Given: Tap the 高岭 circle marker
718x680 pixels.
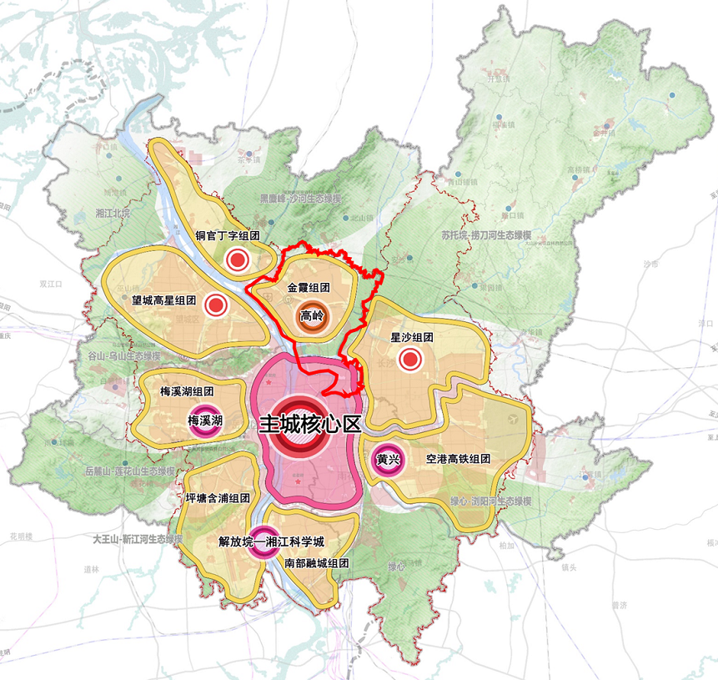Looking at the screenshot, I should click(x=312, y=317).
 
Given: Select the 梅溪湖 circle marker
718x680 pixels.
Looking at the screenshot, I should click(x=204, y=421).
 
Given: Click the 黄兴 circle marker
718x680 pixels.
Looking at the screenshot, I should click(x=384, y=460).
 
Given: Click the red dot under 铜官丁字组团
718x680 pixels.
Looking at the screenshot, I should click(x=238, y=261).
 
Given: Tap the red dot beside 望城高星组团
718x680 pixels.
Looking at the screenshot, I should click(x=217, y=305).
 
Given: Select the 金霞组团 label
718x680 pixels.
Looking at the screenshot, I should click(x=309, y=287).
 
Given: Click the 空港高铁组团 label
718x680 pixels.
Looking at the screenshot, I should click(x=457, y=459).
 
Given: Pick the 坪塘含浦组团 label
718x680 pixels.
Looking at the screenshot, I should click(x=218, y=498).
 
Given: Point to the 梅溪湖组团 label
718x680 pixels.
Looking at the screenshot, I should click(x=187, y=390).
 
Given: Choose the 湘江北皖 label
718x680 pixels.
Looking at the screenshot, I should click(x=113, y=214).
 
